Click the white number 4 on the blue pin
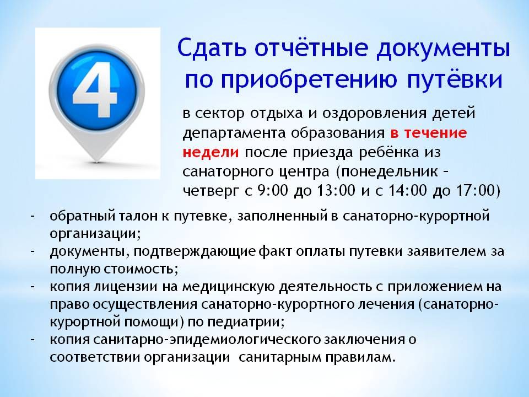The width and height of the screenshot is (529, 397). [95, 90]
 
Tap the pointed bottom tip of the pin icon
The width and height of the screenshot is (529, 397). [97, 162]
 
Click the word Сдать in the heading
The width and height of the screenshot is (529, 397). [211, 48]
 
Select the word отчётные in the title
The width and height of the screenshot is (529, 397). [311, 48]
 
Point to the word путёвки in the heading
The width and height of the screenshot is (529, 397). [455, 80]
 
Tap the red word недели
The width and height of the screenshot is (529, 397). [210, 152]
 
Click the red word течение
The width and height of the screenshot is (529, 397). [435, 133]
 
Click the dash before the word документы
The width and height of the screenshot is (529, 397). [33, 251]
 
